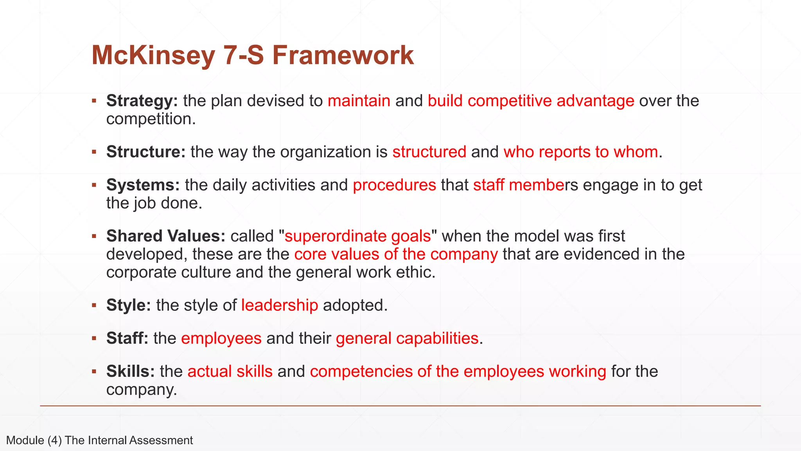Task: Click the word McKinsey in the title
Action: (x=153, y=55)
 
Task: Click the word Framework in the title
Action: (x=343, y=55)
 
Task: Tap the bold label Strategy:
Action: (x=142, y=101)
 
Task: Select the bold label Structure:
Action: (x=146, y=152)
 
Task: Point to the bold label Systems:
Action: (x=143, y=185)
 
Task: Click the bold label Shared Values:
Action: (x=166, y=236)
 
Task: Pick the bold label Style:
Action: (x=129, y=305)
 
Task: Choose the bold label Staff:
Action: (x=127, y=338)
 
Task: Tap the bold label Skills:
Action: (x=131, y=372)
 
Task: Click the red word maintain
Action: (x=359, y=101)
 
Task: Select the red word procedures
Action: (x=394, y=185)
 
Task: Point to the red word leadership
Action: (x=279, y=305)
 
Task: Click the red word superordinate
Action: (x=335, y=236)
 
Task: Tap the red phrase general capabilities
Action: (x=407, y=338)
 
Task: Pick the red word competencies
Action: (x=361, y=372)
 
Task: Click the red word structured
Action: (x=429, y=152)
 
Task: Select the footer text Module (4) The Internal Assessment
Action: (x=99, y=440)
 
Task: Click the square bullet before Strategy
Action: (x=94, y=101)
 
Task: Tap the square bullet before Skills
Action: (x=94, y=372)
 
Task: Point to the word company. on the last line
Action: (x=142, y=390)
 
